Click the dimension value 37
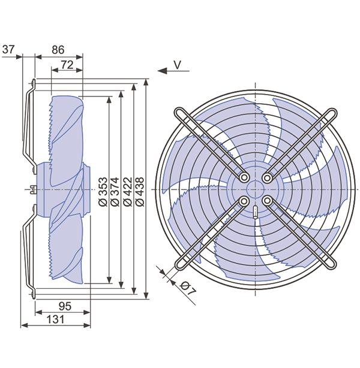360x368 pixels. coord(8,50)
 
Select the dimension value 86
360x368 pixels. coord(58,50)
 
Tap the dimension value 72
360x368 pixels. coord(67,65)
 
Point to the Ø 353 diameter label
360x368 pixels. coord(103,192)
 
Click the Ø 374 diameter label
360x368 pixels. coord(115,192)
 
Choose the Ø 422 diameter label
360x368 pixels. coord(128,192)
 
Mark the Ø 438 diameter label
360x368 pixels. coord(140,192)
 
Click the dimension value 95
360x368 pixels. coord(65,306)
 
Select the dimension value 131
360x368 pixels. coord(55,319)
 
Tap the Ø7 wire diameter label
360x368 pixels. coord(188,288)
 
